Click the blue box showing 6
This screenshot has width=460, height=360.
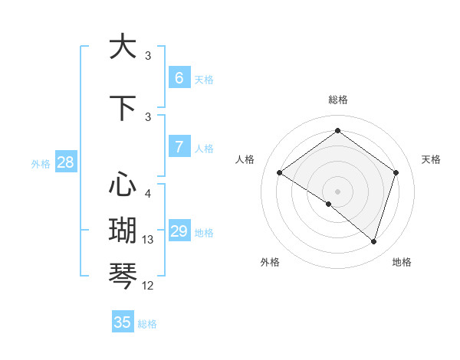click(x=179, y=77)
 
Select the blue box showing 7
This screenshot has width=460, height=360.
click(x=179, y=146)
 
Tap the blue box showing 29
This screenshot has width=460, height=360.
click(x=179, y=231)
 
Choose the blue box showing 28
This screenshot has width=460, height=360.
click(x=65, y=162)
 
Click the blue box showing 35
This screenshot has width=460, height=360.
click(x=123, y=322)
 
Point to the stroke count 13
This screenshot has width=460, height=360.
click(x=148, y=240)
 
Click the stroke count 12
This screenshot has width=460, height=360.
click(x=148, y=286)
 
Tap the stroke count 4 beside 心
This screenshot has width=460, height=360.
click(x=148, y=194)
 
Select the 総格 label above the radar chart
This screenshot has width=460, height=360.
click(x=337, y=100)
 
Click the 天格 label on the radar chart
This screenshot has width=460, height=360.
click(x=431, y=159)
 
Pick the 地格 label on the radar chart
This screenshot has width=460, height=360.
click(x=402, y=262)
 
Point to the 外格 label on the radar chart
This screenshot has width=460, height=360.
click(x=270, y=262)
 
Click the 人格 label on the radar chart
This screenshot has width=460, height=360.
click(x=245, y=159)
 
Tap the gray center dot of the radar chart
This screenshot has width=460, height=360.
click(x=337, y=191)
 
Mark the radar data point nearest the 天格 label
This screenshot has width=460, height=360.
click(x=396, y=172)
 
